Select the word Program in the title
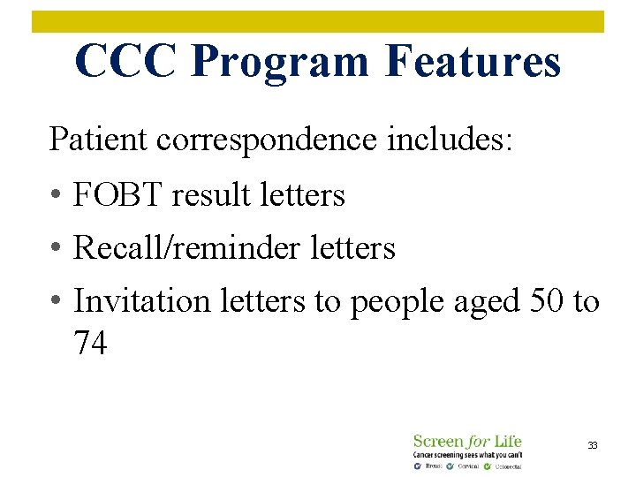(279, 62)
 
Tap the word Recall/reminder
(185, 248)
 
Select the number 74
(91, 343)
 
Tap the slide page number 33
(593, 445)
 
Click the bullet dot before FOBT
(55, 196)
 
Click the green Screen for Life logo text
(467, 441)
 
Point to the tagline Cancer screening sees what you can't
(467, 454)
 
